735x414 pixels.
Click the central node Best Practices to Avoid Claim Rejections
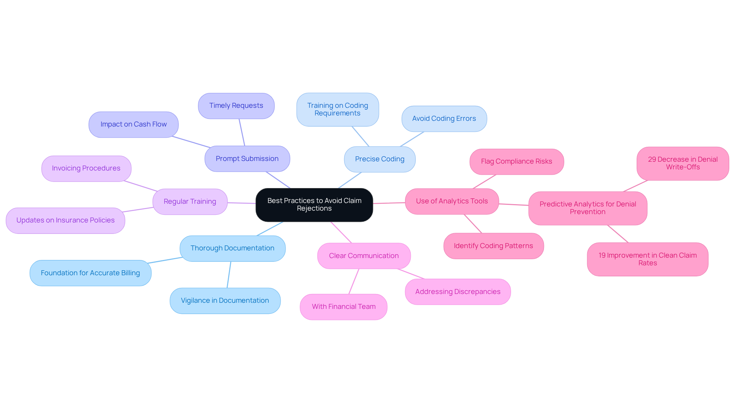coord(314,205)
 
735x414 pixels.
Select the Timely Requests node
coord(236,106)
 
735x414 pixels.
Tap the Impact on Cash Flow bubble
coord(133,125)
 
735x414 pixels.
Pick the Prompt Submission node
coord(247,159)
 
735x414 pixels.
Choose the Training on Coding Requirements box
coord(337,109)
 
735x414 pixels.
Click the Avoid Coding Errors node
coord(444,119)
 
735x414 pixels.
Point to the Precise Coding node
coord(379,159)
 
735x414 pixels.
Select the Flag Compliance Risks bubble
coord(516,162)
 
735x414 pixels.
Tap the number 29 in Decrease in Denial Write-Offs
coord(652,159)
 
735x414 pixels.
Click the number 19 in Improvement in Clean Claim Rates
coord(602,255)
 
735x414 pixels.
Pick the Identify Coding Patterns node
coord(493,246)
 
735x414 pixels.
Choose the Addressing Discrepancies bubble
coord(457,292)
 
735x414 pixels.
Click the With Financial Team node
coord(343,307)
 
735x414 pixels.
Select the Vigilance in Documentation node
coord(225,300)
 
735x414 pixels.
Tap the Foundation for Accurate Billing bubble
coord(90,273)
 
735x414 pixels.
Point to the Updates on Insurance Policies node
coord(65,221)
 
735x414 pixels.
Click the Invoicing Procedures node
coord(86,169)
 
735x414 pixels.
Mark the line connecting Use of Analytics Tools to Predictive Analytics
coord(513,205)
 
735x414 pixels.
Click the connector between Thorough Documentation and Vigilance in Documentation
coord(229,274)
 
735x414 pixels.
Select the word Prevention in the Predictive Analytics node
coord(587,212)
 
